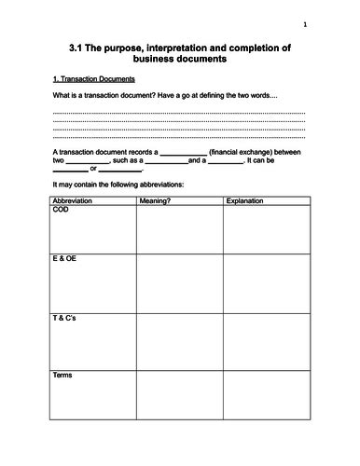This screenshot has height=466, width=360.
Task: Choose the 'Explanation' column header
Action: point(245,200)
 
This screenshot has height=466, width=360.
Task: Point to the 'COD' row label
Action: point(62,211)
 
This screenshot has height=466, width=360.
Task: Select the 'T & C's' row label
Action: point(66,319)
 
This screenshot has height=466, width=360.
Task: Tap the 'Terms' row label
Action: point(63,376)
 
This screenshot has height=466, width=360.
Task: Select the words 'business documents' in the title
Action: point(180,61)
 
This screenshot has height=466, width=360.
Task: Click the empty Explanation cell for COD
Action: point(266,228)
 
